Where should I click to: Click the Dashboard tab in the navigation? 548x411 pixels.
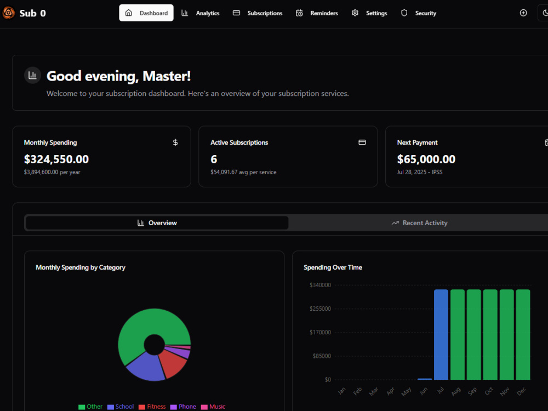coord(146,13)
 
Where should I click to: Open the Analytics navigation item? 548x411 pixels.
coord(200,13)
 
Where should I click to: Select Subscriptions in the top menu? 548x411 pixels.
coord(258,13)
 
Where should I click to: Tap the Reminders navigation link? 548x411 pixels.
coord(317,13)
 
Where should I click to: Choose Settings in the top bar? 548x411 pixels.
coord(369,13)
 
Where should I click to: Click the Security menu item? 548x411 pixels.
coord(419,13)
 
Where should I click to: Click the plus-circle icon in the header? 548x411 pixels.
coord(523,13)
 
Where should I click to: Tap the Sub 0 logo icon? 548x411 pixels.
coord(8,13)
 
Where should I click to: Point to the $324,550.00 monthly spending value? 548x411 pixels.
coord(56,159)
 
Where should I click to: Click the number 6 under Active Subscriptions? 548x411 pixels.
coord(214,159)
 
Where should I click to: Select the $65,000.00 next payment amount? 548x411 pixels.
coord(426,159)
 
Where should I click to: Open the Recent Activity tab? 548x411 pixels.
coord(419,223)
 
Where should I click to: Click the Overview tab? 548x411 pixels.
coord(157,223)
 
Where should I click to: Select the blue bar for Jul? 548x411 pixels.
coord(441,334)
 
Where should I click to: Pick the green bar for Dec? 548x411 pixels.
coord(523,334)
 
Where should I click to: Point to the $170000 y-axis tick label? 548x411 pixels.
coord(320,333)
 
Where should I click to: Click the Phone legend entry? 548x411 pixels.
coord(183,407)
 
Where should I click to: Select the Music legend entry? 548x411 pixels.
coord(213,407)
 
